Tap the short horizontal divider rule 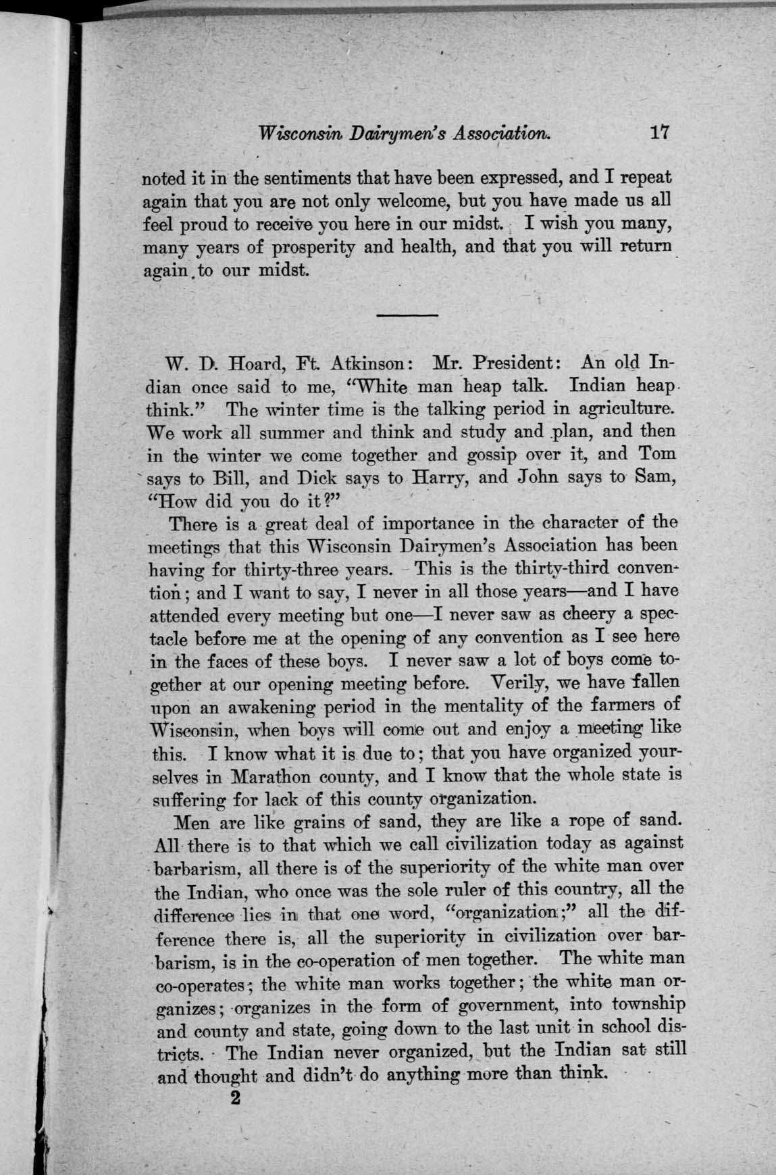coord(407,315)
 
